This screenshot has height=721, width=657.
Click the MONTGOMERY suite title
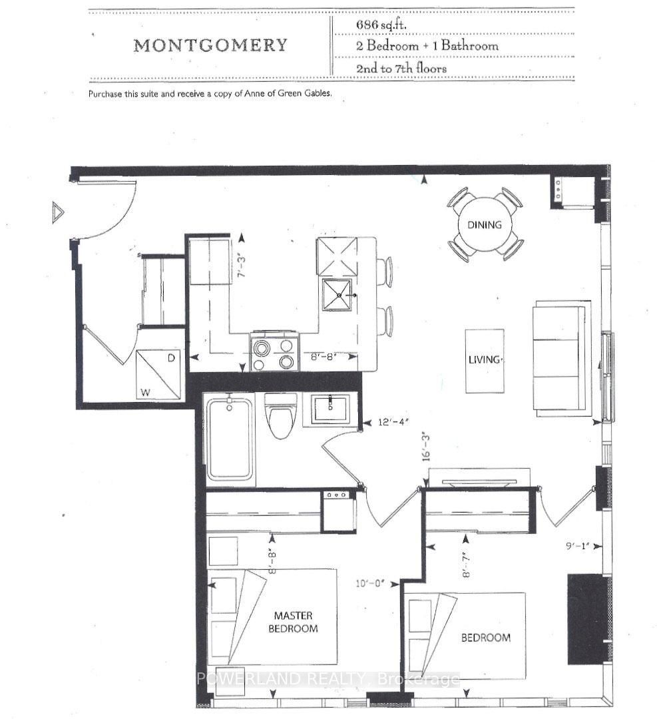coord(210,45)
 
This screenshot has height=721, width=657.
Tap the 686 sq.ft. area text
coord(381,25)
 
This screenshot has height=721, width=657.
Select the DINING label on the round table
coord(484,225)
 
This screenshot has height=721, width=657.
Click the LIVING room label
coord(485,360)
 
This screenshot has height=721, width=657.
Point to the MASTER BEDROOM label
coord(293,622)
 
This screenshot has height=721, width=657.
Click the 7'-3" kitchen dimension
coord(242,266)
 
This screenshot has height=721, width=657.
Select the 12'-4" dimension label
coord(393,421)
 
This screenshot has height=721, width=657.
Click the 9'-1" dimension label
coord(578,547)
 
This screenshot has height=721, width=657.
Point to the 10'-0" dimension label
coord(370,583)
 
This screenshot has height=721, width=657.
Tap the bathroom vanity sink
coord(330,409)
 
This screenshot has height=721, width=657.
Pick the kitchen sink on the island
coord(337,295)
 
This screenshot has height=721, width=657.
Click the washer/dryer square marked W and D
coord(158,374)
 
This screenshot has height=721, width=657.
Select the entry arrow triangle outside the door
coord(58,213)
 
